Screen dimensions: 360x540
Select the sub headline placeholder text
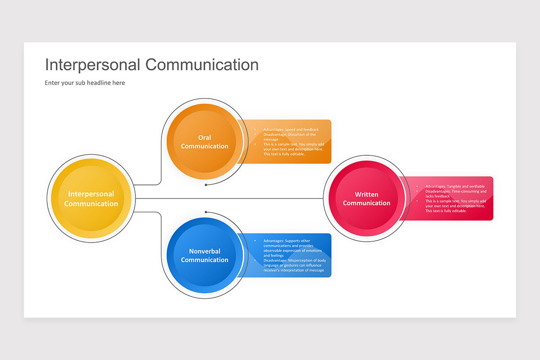click(85, 83)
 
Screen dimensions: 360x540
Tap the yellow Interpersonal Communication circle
click(91, 198)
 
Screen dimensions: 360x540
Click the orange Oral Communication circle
click(205, 142)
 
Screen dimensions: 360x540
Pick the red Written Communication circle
click(367, 198)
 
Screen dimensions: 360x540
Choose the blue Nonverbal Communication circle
click(205, 256)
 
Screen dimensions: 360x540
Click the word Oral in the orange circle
click(205, 138)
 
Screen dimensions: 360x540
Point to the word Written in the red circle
click(367, 194)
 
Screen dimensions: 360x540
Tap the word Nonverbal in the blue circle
click(205, 251)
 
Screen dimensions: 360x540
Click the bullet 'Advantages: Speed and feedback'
click(291, 130)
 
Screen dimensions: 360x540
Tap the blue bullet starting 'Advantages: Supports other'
click(292, 248)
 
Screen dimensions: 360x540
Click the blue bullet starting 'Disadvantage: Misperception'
click(293, 265)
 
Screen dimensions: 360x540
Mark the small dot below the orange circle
click(206, 184)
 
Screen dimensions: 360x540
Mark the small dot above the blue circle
click(206, 212)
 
